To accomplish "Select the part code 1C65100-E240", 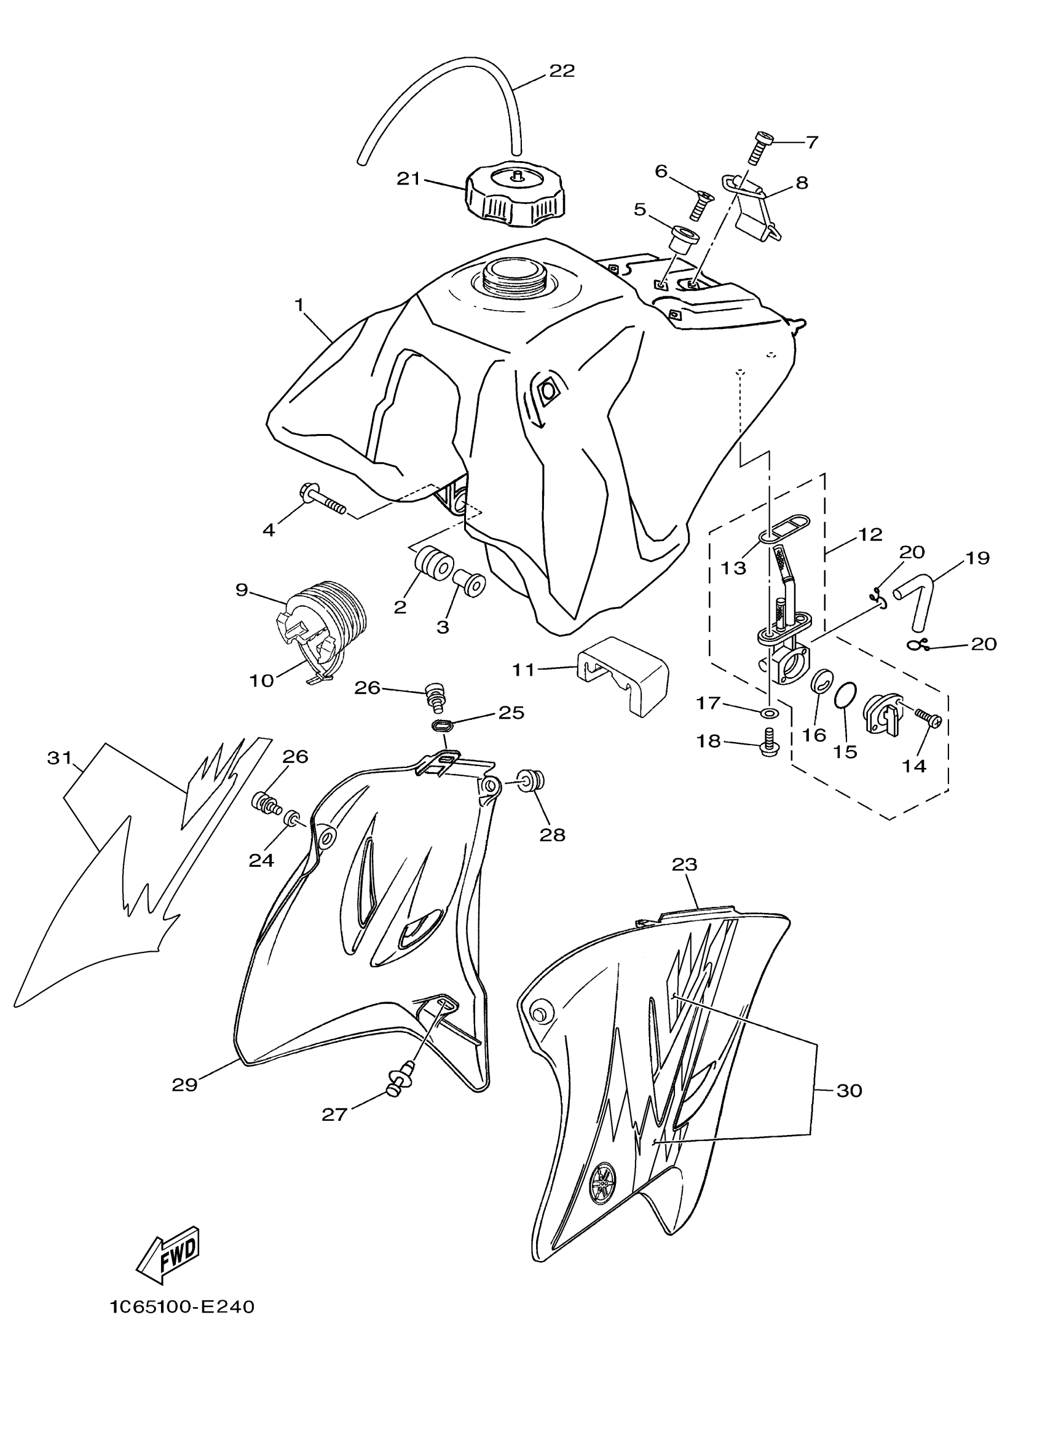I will (x=183, y=1308).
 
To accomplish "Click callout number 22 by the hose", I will (x=562, y=71).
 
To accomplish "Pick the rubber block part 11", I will (x=624, y=676).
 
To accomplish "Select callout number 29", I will (x=184, y=1084).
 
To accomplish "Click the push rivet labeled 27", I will (x=398, y=1077).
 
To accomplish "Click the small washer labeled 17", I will (x=768, y=711).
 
